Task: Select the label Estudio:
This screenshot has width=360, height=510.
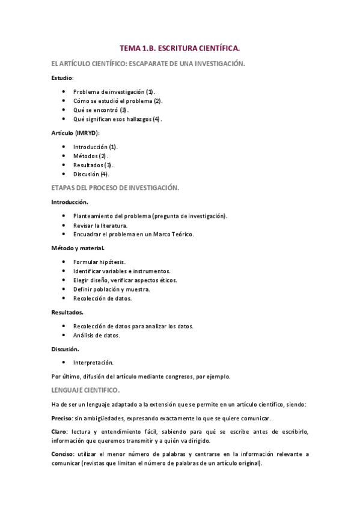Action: pyautogui.click(x=63, y=78)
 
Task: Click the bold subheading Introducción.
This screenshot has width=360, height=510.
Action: pyautogui.click(x=70, y=201)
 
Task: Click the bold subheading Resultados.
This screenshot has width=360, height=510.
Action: pyautogui.click(x=67, y=312)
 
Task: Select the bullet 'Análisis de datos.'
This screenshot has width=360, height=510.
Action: pyautogui.click(x=96, y=335)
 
